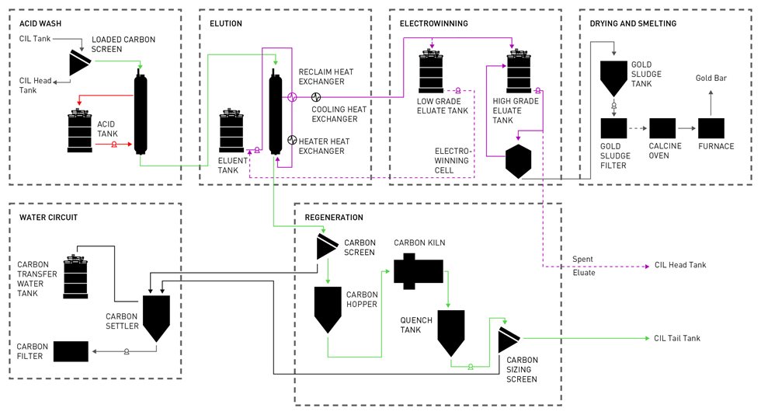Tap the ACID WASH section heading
pos(40,23)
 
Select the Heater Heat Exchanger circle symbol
pos(292,140)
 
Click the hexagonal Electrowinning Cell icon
pos(518,161)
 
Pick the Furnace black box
pos(711,129)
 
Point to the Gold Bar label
pos(712,78)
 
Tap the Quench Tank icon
pos(451,330)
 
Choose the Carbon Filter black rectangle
pos(71,351)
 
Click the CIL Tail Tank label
pos(677,338)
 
